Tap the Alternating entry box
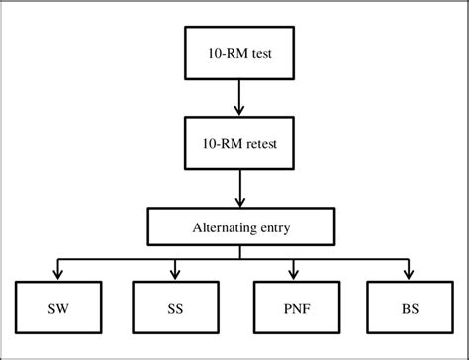coord(236,226)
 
